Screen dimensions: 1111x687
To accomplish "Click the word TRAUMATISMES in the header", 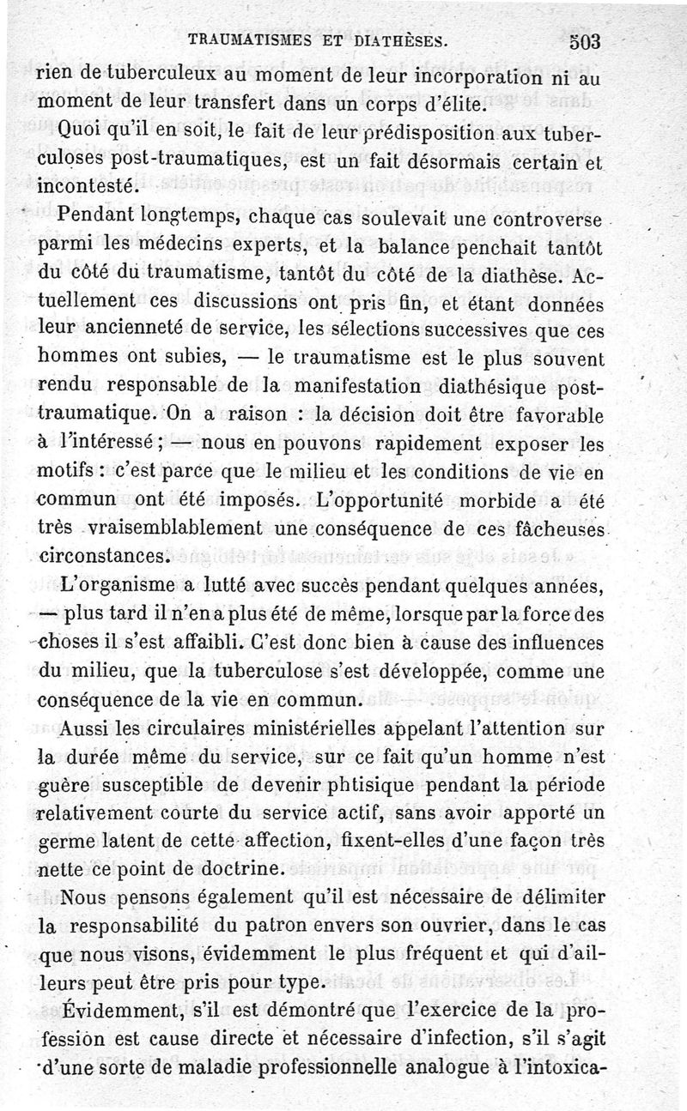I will point(243,39).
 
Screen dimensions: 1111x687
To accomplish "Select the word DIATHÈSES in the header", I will point(398,39).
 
